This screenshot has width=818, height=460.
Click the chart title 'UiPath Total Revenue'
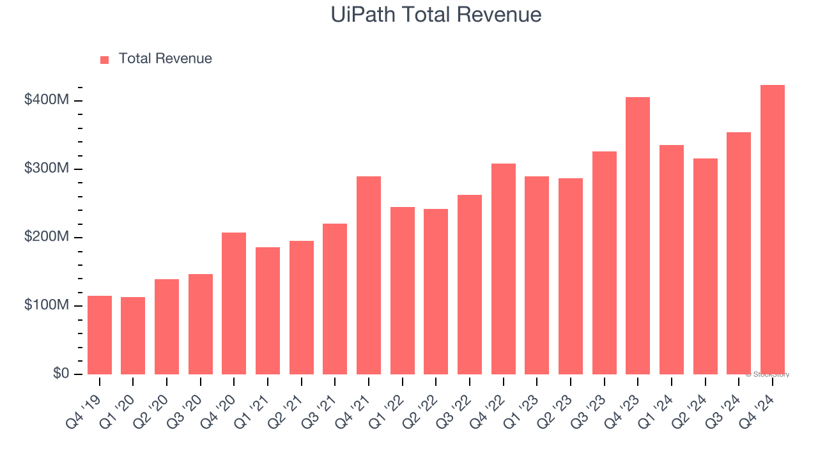click(x=436, y=14)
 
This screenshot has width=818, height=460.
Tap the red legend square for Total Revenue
click(x=105, y=59)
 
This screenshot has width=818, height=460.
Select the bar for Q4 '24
click(x=772, y=229)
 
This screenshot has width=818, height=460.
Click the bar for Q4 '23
click(x=638, y=236)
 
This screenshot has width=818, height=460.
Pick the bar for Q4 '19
click(x=100, y=335)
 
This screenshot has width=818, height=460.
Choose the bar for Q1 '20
click(x=133, y=335)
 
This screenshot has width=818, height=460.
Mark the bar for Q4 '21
click(x=369, y=275)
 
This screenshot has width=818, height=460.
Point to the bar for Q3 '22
click(x=470, y=284)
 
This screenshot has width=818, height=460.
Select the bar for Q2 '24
click(x=705, y=266)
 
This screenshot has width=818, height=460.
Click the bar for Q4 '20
click(x=234, y=303)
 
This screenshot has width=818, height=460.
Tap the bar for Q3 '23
click(x=604, y=263)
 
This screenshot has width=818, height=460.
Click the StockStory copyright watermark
click(x=767, y=374)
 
